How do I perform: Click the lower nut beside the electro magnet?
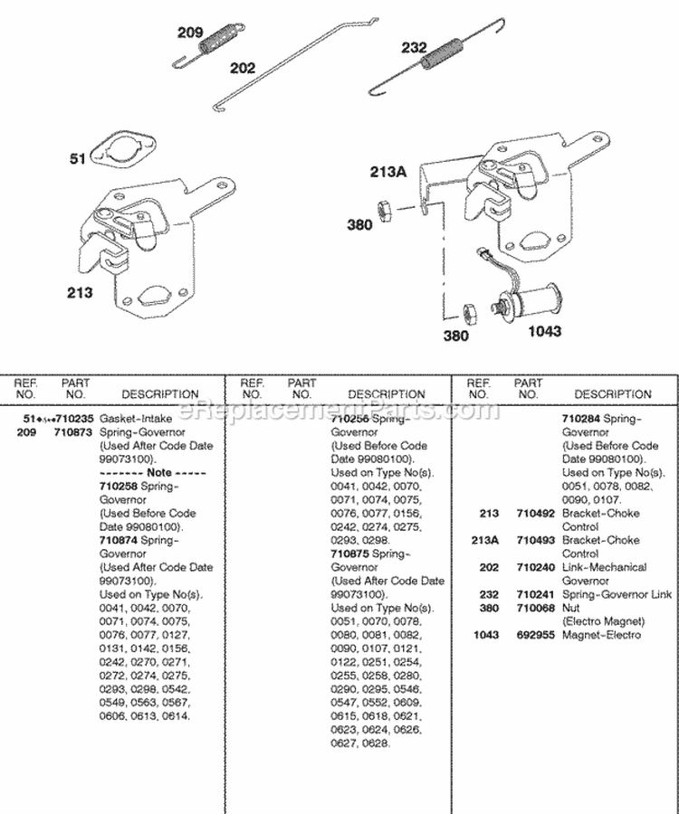(469, 314)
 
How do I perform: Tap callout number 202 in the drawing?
(243, 68)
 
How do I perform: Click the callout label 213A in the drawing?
(389, 170)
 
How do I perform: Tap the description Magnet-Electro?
(602, 635)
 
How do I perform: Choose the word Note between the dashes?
(158, 473)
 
